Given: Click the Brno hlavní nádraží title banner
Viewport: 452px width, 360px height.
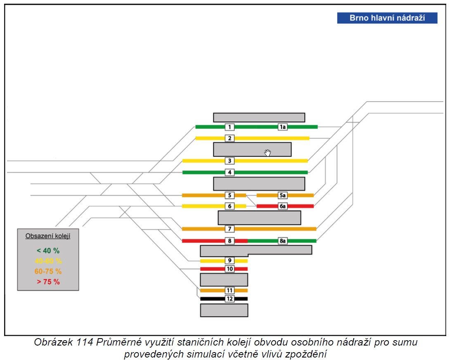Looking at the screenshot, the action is tap(387, 18).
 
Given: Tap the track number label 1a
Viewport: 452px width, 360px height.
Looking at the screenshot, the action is tap(282, 127).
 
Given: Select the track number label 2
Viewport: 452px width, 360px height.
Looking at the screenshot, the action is tap(230, 138).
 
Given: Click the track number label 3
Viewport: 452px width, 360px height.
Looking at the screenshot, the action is tap(230, 161).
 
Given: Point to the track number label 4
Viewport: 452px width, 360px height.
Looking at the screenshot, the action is tap(230, 172).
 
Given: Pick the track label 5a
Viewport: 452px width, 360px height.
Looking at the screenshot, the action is tap(282, 195).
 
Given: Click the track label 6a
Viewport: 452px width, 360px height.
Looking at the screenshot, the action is tap(282, 206).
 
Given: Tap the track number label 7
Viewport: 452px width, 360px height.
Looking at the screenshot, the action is tap(230, 229).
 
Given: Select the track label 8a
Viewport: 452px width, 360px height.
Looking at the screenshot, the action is tap(282, 241).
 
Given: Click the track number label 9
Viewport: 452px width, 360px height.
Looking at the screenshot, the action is tap(230, 261).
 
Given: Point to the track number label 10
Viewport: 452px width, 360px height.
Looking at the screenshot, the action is tap(230, 269).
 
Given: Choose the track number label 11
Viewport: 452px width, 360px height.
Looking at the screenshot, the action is tap(230, 290).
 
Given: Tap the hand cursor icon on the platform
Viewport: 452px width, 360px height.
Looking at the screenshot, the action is tap(267, 152).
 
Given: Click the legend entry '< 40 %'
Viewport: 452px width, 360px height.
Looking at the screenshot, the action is tap(48, 251).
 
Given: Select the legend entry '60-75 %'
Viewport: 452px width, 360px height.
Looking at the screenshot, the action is tap(48, 272).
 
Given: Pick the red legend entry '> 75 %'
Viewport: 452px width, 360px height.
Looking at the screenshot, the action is tap(48, 282).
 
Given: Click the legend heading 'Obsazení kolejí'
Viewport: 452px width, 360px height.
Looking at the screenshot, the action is tap(48, 236).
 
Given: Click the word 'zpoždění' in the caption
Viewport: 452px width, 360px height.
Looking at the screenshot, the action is tap(306, 354).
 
